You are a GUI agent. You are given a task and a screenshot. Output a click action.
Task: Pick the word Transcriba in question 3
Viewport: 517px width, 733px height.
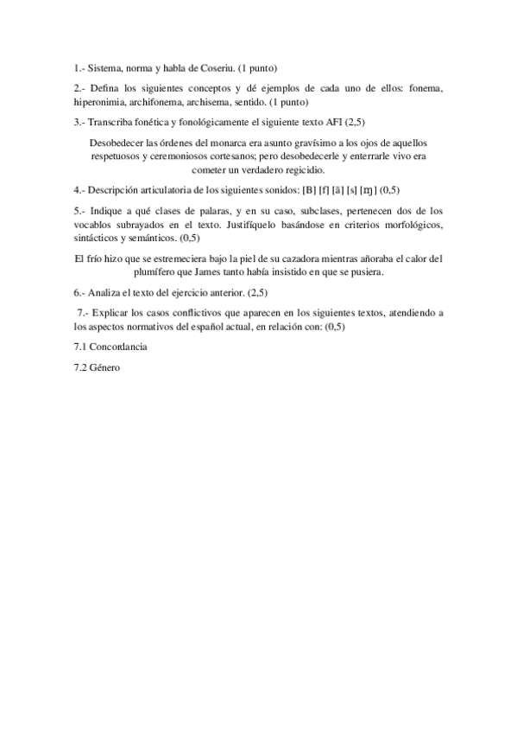click(x=111, y=121)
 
